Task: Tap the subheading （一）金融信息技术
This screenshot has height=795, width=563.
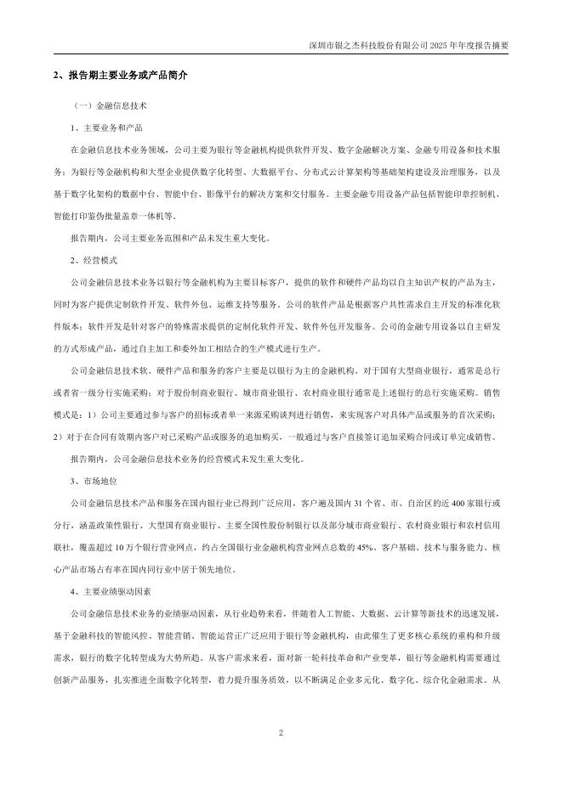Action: [110, 108]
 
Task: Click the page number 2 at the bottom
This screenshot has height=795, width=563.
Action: [281, 731]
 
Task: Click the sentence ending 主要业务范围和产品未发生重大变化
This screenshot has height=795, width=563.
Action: [170, 238]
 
